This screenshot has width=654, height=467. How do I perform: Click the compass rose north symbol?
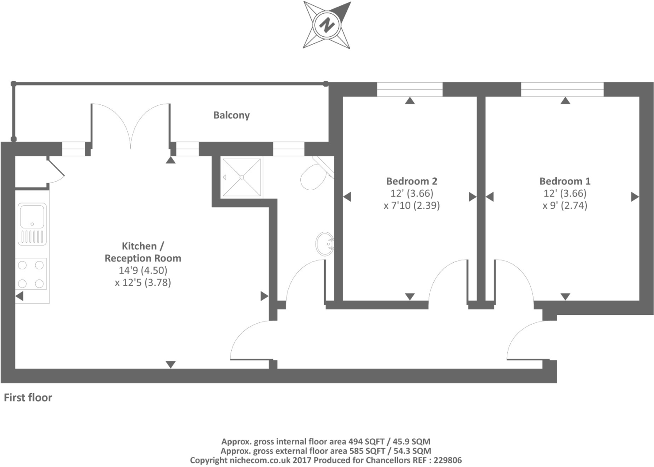tap(327, 25)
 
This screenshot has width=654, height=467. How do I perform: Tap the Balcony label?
tap(231, 115)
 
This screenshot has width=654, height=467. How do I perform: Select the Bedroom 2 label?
tap(411, 181)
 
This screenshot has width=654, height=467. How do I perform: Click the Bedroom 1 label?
tap(565, 181)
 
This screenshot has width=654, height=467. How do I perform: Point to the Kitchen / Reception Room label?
tap(142, 252)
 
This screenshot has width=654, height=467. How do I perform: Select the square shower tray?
tap(241, 177)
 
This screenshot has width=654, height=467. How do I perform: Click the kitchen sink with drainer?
tap(32, 224)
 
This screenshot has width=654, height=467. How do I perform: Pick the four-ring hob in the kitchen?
tap(31, 274)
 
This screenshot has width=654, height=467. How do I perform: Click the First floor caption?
tap(28, 398)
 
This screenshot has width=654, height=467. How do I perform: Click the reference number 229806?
tap(447, 460)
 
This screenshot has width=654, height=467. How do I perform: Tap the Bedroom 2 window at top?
tap(409, 90)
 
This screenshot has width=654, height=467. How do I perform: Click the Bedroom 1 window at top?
tap(562, 90)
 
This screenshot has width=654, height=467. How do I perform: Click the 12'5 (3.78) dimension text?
tap(143, 282)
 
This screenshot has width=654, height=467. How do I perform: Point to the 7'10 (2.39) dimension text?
tap(412, 205)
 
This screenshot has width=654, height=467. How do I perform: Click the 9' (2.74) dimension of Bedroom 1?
tap(565, 205)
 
